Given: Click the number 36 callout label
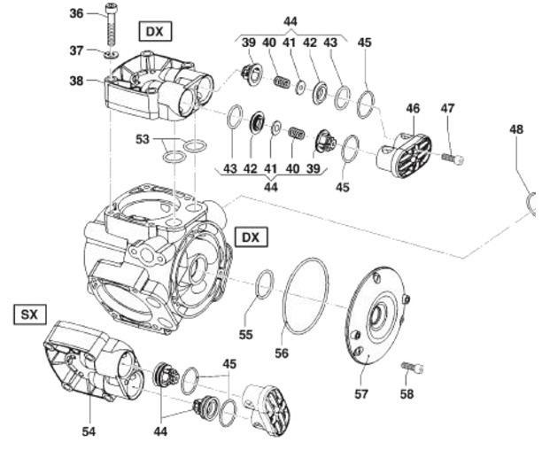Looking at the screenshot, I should [76, 13].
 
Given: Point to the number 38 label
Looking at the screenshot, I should [77, 81].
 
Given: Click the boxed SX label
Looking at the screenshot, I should [27, 314].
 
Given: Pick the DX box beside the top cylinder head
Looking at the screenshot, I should [155, 32].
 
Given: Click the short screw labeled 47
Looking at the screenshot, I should [453, 159].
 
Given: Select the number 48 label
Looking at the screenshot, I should [516, 129].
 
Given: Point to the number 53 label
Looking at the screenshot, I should [143, 139].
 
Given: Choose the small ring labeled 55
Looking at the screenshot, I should [263, 285].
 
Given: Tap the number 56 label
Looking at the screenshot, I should [282, 353].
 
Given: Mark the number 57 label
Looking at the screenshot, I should [361, 394].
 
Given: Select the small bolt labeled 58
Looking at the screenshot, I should [413, 367].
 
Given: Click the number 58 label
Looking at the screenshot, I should [406, 393].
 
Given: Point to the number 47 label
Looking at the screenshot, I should [448, 108].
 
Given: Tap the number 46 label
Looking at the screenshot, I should [413, 108].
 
